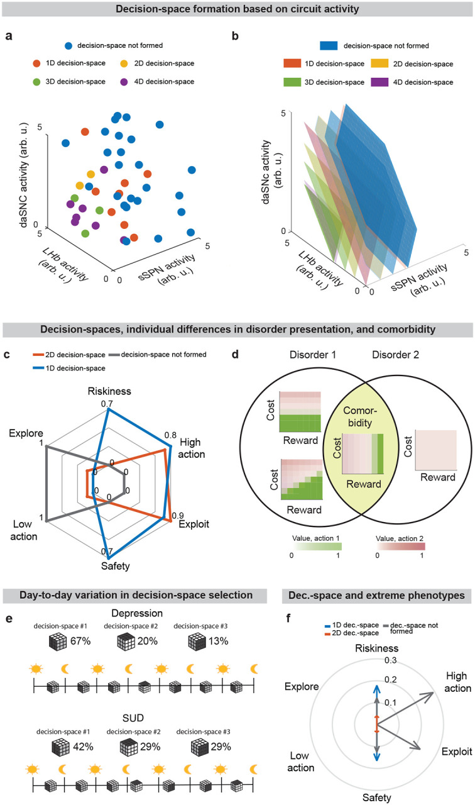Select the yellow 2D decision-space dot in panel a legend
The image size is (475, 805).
pyautogui.click(x=124, y=64)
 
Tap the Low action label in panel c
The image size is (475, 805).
pyautogui.click(x=25, y=530)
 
